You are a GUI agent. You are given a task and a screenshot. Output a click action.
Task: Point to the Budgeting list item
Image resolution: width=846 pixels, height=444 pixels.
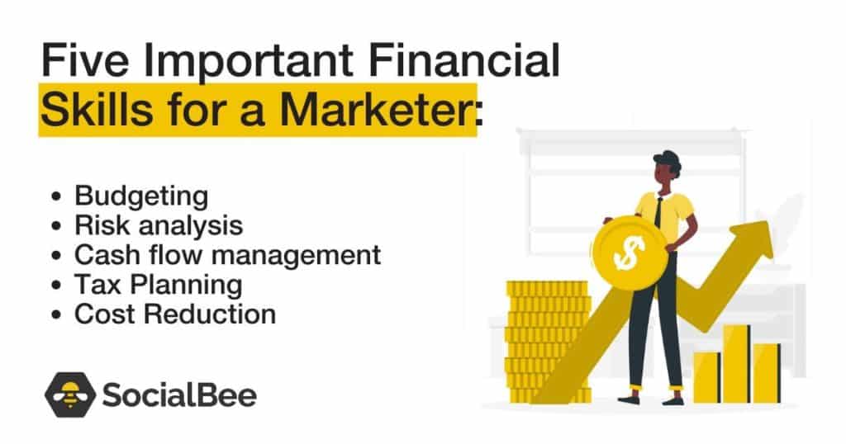140,196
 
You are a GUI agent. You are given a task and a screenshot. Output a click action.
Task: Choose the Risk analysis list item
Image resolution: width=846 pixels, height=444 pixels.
159,225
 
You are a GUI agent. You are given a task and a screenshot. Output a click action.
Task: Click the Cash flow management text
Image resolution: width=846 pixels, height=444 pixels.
227,254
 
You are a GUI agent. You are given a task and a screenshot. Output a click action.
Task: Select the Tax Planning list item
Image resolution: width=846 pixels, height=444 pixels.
158,285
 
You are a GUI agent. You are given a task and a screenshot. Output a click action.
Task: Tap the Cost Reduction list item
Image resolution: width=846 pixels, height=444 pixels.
174,314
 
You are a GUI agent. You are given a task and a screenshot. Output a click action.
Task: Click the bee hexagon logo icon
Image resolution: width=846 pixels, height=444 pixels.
69,394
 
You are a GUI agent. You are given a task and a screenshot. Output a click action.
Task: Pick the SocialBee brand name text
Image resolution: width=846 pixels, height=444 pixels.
178,395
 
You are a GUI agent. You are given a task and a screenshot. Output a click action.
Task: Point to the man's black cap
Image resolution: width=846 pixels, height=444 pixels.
666,158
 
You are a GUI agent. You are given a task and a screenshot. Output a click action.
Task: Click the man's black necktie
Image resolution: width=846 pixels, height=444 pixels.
658,212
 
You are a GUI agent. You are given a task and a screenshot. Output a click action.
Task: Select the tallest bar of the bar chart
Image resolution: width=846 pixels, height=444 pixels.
735,364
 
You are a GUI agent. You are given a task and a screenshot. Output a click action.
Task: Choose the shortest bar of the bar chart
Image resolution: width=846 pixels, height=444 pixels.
706,377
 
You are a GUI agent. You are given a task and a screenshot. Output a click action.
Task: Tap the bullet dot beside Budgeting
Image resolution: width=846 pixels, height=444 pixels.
56,197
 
